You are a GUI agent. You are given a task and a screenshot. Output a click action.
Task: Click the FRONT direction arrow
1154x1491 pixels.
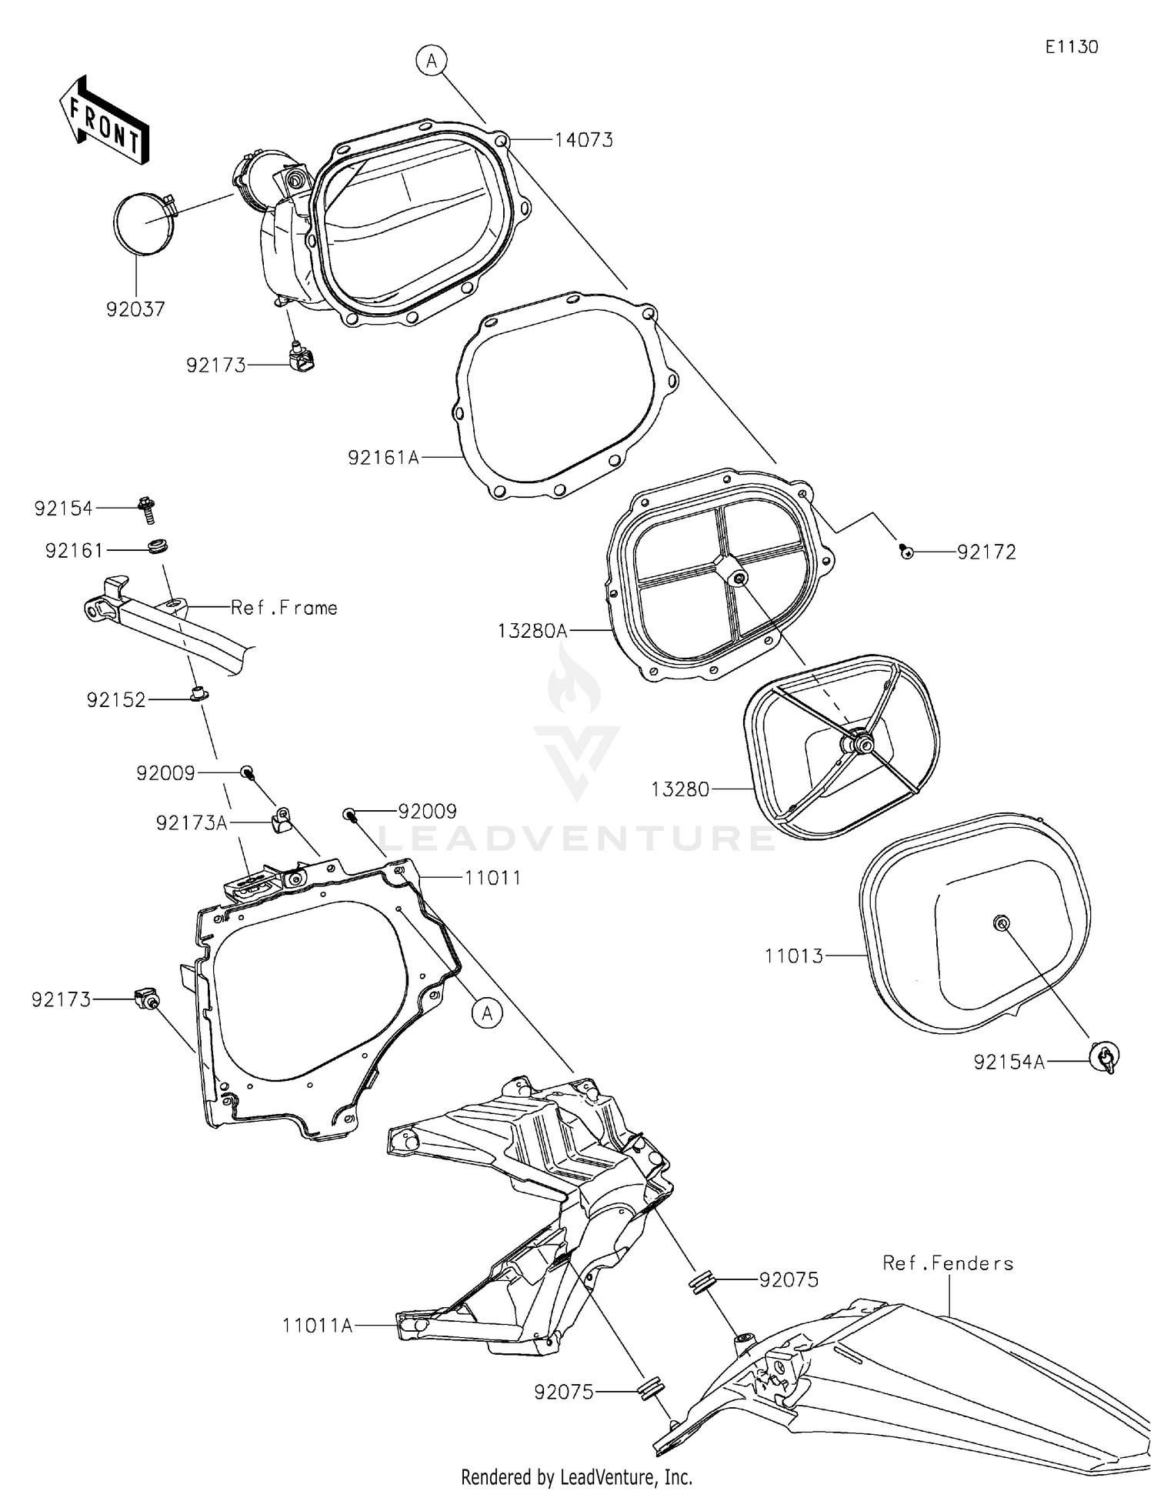104,120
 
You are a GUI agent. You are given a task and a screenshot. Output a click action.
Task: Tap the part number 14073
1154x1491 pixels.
584,140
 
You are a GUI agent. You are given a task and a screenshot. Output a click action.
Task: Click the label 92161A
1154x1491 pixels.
383,458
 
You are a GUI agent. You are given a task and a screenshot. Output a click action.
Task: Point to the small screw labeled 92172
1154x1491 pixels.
907,551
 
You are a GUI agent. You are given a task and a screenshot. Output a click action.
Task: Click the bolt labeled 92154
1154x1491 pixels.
147,509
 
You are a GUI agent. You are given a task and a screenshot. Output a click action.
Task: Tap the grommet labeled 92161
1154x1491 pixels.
158,547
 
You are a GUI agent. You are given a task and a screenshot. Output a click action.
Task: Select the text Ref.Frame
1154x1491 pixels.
284,608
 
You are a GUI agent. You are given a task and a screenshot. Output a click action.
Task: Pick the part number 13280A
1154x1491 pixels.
532,631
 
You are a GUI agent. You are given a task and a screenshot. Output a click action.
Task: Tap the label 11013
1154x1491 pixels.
793,956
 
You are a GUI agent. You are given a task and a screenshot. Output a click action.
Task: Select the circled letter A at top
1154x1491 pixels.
432,60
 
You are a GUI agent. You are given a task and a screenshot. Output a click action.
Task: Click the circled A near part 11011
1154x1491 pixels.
487,1013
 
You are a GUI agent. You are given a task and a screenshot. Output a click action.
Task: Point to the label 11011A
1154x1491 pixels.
317,1326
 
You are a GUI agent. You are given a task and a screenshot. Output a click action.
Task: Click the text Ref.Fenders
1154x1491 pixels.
948,1263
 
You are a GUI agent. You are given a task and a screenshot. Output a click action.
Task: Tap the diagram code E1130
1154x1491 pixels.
1071,47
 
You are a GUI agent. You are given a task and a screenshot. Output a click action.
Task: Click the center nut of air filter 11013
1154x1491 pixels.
1001,922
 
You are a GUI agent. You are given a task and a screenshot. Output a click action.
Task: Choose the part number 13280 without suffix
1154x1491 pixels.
680,789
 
